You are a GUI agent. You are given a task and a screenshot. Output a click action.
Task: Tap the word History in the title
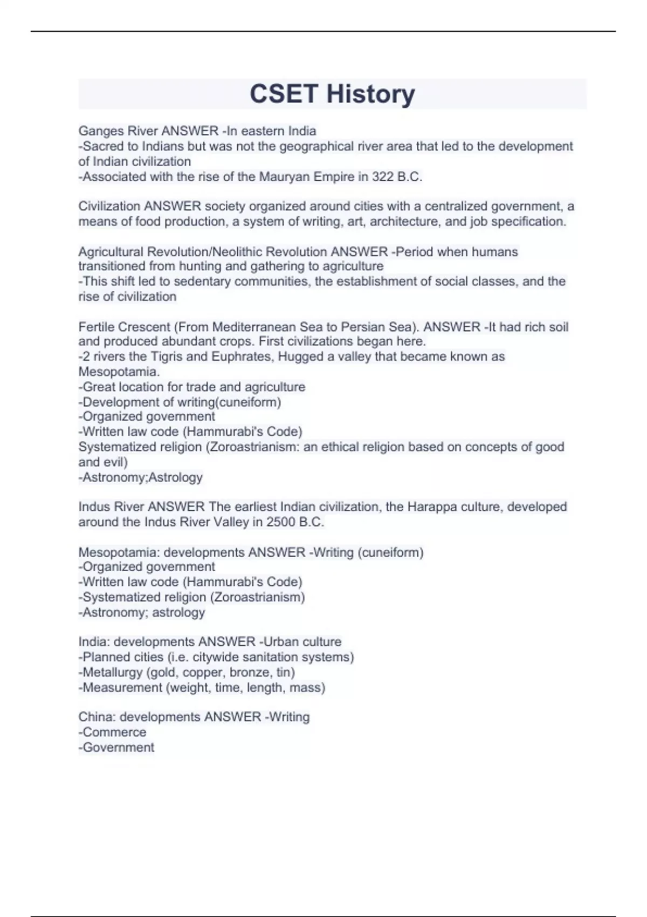[370, 94]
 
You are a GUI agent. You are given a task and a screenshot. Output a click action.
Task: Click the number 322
[383, 177]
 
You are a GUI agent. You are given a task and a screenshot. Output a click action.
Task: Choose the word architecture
[404, 222]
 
